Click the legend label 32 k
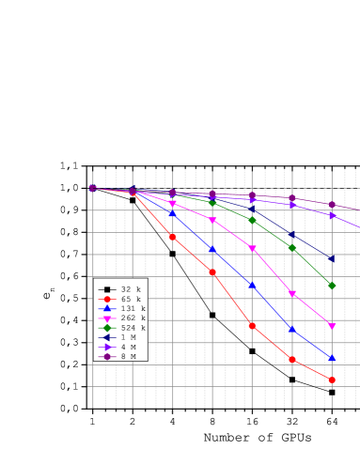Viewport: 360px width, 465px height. coord(131,289)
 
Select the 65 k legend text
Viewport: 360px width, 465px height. coord(131,299)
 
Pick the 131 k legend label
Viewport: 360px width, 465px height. coord(133,308)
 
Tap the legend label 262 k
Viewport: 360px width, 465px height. coord(133,318)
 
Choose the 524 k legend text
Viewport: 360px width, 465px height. coord(133,328)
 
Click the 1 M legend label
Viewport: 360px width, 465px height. coord(129,337)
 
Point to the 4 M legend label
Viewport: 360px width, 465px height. coord(129,347)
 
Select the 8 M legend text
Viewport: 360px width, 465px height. coord(129,357)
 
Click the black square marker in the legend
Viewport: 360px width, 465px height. coord(108,289)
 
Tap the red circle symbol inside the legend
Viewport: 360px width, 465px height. coord(108,299)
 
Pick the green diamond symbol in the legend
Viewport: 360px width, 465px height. coord(108,328)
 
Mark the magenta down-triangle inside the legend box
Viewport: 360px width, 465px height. coord(108,318)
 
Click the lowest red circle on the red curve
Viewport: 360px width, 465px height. coord(332,380)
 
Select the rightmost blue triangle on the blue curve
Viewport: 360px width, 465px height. coord(332,358)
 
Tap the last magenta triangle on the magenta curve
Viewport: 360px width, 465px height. coord(332,326)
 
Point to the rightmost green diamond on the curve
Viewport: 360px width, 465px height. coord(332,285)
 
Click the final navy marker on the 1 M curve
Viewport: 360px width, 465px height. coord(332,257)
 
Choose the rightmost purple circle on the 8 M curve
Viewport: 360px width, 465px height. coord(332,204)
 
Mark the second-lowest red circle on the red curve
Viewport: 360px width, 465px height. coord(292,359)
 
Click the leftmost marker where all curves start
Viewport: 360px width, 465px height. coord(92,188)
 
